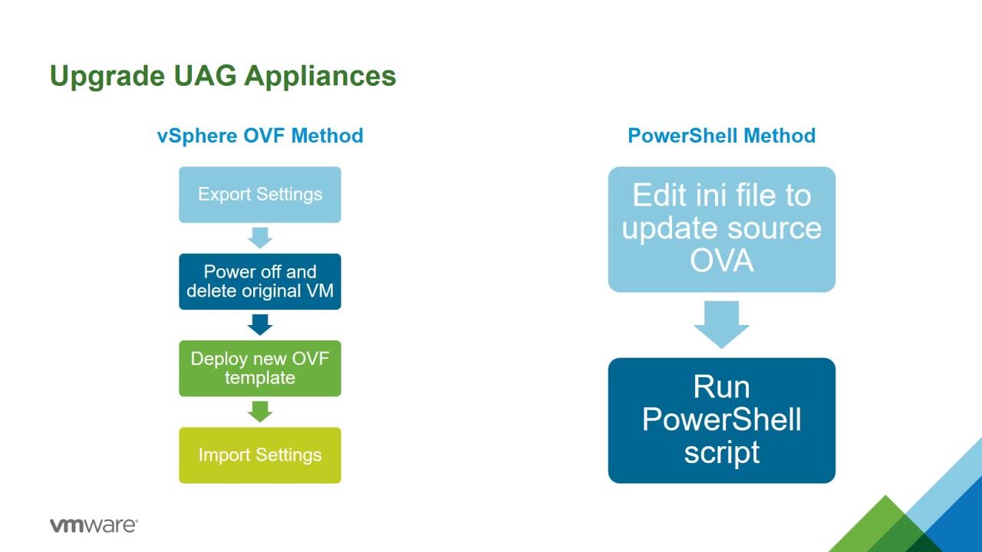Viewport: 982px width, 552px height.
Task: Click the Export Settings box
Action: coord(260,195)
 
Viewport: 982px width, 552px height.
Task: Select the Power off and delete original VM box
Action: coord(260,281)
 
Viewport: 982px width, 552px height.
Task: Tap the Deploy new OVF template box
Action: coord(260,369)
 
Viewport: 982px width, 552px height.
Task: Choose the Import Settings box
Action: coord(260,455)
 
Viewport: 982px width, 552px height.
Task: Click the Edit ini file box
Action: coord(722,229)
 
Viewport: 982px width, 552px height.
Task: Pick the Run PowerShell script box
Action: coord(722,421)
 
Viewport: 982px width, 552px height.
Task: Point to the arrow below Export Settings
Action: coord(260,238)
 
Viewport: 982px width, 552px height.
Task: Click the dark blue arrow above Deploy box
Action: coord(260,324)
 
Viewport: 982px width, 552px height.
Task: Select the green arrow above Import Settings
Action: coord(260,412)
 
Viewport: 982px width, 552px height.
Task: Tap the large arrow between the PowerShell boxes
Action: coord(722,324)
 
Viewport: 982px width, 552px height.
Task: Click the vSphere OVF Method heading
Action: coord(260,136)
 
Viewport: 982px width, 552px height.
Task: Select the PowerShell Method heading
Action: coord(722,136)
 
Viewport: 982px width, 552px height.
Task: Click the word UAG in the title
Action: coord(205,76)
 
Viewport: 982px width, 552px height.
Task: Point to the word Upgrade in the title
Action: coord(107,77)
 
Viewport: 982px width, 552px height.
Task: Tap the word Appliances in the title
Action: coord(320,77)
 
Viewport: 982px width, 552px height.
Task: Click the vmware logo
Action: coord(94,525)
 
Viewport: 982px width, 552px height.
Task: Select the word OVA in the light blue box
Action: coord(722,261)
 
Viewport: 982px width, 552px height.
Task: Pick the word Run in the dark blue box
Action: coord(722,387)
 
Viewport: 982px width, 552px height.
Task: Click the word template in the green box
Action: coord(260,378)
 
